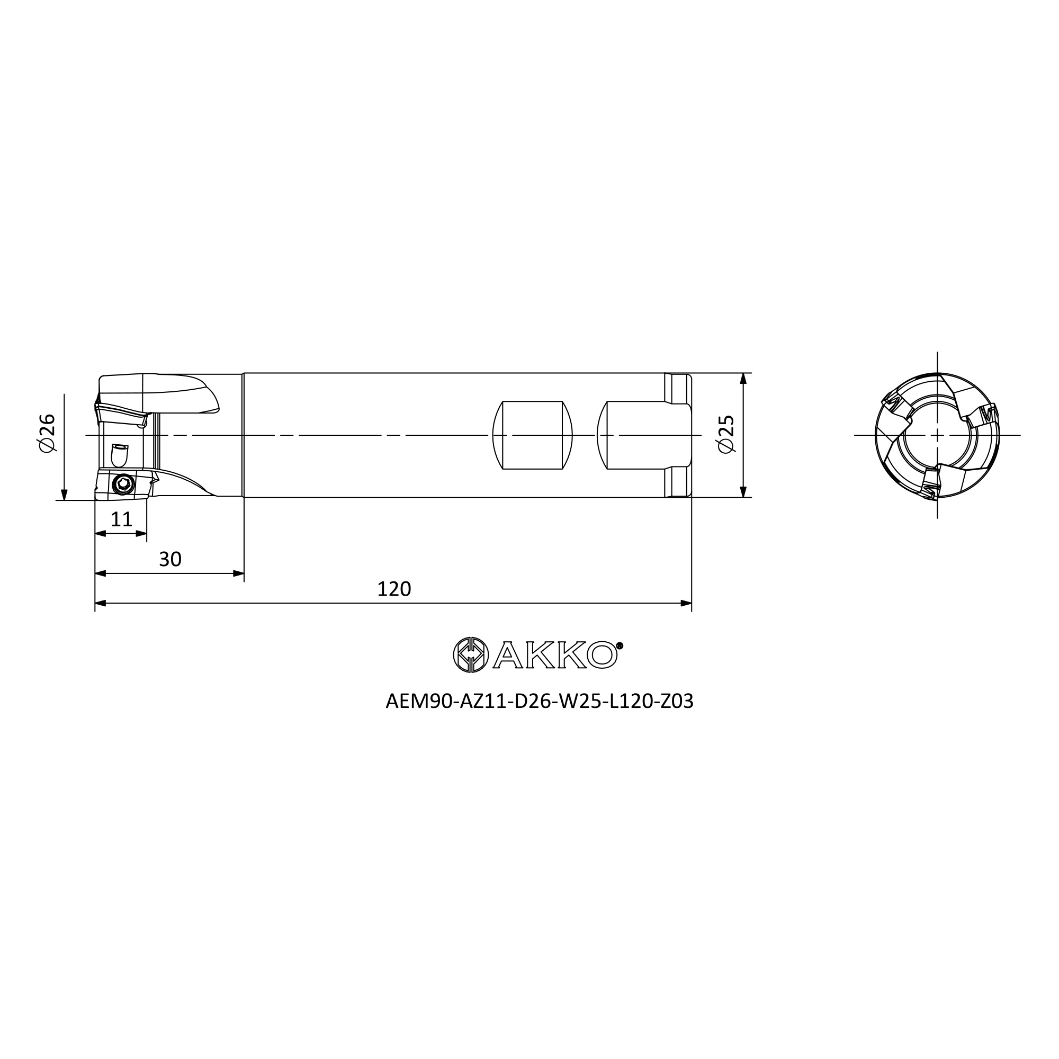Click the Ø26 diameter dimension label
tap(48, 433)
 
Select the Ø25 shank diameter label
tap(726, 434)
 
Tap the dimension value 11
tap(121, 519)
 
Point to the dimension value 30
tap(170, 559)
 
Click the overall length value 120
tap(393, 589)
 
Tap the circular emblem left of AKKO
tap(471, 654)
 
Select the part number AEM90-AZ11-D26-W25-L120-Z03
tap(540, 701)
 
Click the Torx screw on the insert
tap(123, 484)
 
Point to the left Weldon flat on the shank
tap(532, 435)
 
